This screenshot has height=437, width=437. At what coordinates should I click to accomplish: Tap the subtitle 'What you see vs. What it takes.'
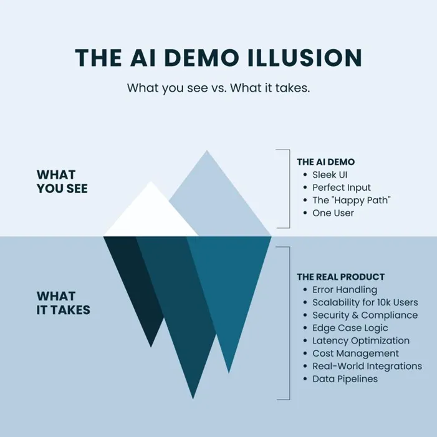pos(218,88)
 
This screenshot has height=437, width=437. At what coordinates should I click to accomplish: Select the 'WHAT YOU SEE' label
pos(62,181)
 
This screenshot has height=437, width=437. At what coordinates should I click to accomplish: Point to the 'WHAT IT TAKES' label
pos(63,302)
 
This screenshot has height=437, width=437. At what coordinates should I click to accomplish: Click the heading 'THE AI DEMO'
pos(325,161)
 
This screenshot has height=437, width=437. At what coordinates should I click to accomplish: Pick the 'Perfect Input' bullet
pos(341,187)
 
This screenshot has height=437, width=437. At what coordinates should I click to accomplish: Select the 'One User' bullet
pos(333,213)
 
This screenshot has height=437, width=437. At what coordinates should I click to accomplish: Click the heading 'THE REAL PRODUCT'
pos(340,277)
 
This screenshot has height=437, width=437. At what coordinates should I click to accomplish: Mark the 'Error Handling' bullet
pos(344,289)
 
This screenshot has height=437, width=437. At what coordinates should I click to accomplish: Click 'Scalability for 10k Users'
pos(365,302)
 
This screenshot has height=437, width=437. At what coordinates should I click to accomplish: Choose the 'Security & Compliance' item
pos(365,315)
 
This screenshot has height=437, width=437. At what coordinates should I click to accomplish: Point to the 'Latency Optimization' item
pos(360,340)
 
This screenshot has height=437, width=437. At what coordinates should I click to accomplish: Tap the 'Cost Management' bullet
pos(355,353)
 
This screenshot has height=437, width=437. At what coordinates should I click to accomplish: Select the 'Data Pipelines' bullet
pos(345,378)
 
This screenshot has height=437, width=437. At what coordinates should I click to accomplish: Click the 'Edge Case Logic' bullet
pos(350,328)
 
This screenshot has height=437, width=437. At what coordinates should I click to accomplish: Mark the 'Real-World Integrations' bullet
pos(367,366)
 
